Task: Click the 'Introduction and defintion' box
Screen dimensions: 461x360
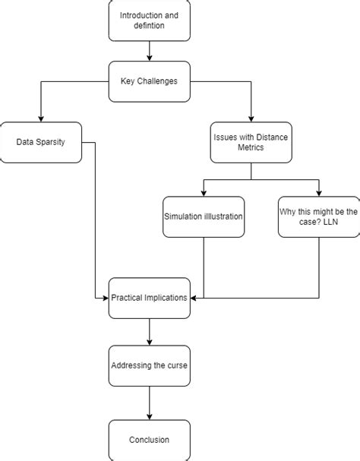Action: pyautogui.click(x=149, y=21)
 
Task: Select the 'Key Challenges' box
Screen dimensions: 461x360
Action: pyautogui.click(x=149, y=81)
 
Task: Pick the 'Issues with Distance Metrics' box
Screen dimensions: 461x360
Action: pyautogui.click(x=250, y=142)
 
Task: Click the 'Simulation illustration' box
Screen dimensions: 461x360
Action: pyautogui.click(x=204, y=216)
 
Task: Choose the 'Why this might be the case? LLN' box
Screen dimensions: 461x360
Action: pyautogui.click(x=318, y=216)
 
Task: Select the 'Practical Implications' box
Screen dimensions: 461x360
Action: pyautogui.click(x=149, y=297)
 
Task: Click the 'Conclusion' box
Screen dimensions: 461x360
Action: pyautogui.click(x=149, y=440)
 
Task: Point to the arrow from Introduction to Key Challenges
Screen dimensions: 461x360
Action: pyautogui.click(x=149, y=51)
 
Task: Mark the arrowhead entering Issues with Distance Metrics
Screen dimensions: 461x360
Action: pyautogui.click(x=250, y=117)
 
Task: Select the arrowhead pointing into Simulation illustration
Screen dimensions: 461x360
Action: pyautogui.click(x=204, y=192)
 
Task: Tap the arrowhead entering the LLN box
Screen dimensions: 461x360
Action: pyautogui.click(x=318, y=192)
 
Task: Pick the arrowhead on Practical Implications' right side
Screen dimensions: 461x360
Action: pyautogui.click(x=193, y=297)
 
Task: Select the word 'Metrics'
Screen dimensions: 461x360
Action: pyautogui.click(x=250, y=149)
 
